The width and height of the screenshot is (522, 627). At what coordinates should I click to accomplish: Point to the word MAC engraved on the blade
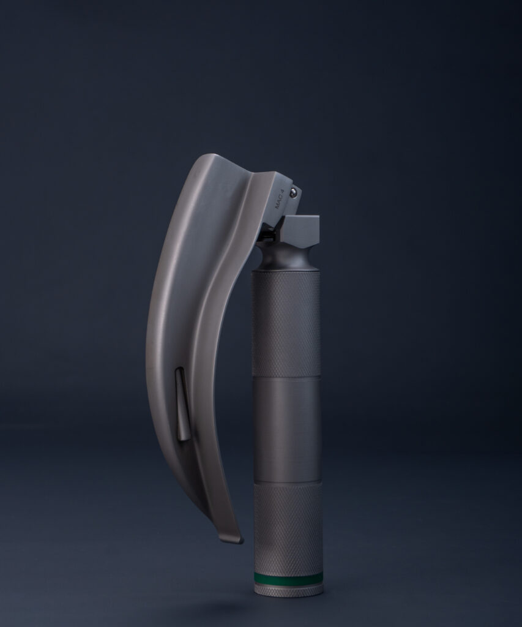pos(280,205)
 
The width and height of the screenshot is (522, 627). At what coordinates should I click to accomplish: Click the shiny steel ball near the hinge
pos(294,192)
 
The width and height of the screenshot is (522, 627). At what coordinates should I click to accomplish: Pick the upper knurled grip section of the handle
pos(285,324)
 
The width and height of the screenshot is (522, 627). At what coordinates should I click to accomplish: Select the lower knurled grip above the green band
pos(288,528)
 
